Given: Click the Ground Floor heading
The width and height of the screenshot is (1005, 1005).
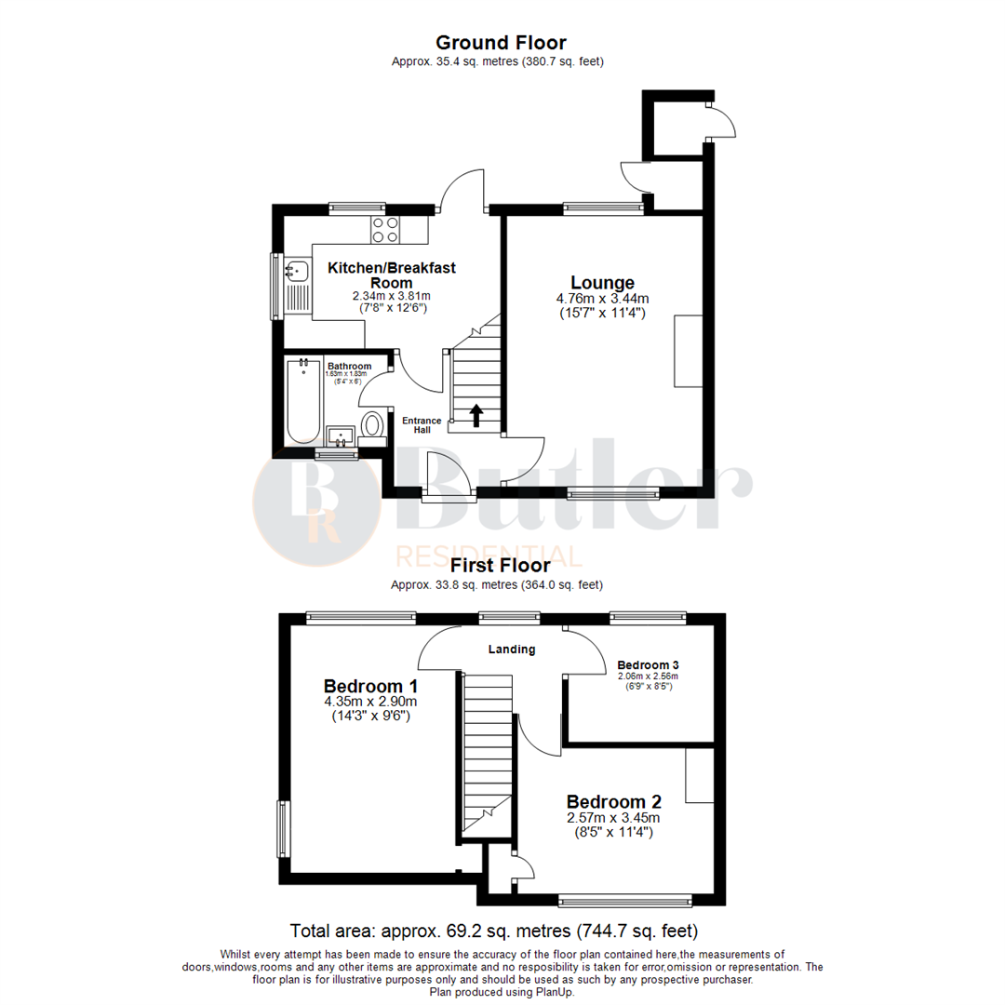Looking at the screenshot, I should click(501, 42).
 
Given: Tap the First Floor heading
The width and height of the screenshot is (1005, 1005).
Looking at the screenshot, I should click(500, 565).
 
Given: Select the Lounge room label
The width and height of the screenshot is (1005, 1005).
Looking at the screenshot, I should click(602, 283).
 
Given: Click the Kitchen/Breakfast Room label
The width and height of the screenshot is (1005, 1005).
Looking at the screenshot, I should click(391, 275).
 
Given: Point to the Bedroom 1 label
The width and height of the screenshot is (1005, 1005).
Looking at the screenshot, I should click(369, 686).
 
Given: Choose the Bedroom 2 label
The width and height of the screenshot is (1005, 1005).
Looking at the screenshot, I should click(613, 801).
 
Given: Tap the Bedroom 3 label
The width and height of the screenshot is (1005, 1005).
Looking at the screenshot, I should click(648, 665).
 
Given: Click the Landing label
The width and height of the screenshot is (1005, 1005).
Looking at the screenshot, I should click(512, 650).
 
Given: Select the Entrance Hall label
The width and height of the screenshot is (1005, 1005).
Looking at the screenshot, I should click(422, 425).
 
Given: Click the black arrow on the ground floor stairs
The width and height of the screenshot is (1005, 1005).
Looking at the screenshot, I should click(476, 415).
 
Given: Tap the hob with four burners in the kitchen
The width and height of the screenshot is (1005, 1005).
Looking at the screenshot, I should click(385, 229).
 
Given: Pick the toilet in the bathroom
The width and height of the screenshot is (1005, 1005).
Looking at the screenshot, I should click(374, 425).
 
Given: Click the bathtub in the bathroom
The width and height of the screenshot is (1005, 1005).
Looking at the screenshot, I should click(303, 402).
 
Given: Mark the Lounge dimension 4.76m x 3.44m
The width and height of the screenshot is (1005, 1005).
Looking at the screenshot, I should click(602, 299).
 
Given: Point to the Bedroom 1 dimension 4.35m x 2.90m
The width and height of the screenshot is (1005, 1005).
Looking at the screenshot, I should click(369, 702).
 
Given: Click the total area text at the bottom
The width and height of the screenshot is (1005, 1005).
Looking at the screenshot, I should click(494, 931).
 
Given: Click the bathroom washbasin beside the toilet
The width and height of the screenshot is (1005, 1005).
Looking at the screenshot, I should click(339, 435).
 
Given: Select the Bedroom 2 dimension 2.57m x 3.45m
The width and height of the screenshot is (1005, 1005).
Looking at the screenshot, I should click(613, 818).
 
